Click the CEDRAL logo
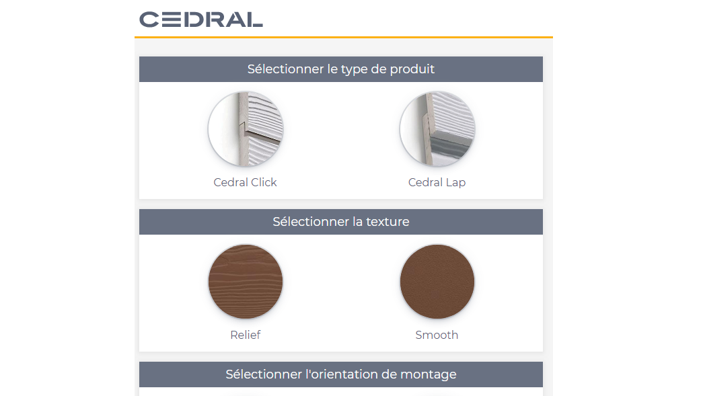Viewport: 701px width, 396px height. tap(200, 19)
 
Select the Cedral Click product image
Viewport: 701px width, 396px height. tap(245, 128)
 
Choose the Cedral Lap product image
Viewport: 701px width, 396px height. tap(437, 128)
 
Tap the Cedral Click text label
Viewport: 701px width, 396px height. tap(245, 182)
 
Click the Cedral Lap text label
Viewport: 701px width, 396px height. tap(437, 182)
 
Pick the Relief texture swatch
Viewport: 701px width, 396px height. tap(245, 281)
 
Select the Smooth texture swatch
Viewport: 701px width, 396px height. tap(437, 281)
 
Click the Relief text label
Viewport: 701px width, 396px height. tap(245, 335)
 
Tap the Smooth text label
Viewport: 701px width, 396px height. tap(437, 335)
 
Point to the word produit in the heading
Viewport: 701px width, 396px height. tap(411, 69)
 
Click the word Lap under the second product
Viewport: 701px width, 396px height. tap(455, 183)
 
